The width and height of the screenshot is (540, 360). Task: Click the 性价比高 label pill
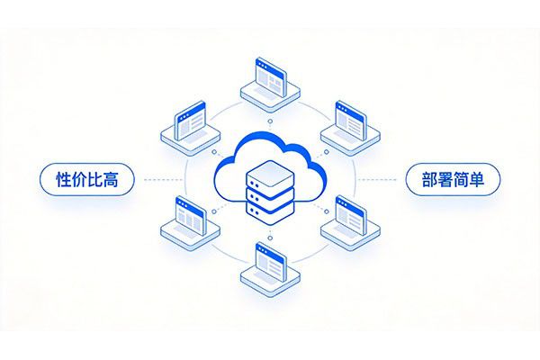pyautogui.click(x=87, y=179)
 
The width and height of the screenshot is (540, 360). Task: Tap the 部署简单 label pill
pyautogui.click(x=453, y=179)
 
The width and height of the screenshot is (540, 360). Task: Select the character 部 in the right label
pyautogui.click(x=429, y=179)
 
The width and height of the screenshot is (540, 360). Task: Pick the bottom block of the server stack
pyautogui.click(x=270, y=211)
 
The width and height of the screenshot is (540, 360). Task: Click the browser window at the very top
pyautogui.click(x=271, y=76)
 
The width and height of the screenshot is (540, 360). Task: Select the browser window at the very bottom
pyautogui.click(x=271, y=262)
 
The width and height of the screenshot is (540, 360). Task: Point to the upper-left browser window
pyautogui.click(x=190, y=121)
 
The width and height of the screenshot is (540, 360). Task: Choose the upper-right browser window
pyautogui.click(x=350, y=121)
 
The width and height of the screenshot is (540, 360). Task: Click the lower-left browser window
pyautogui.click(x=191, y=216)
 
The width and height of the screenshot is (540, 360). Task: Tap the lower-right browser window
pyautogui.click(x=351, y=216)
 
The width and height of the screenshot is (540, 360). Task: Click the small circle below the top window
pyautogui.click(x=270, y=121)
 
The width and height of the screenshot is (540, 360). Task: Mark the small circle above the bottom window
pyautogui.click(x=270, y=238)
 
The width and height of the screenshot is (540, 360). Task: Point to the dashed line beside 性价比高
pyautogui.click(x=163, y=179)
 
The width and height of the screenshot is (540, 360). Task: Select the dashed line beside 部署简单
pyautogui.click(x=377, y=179)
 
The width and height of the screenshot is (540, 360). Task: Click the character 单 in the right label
pyautogui.click(x=476, y=179)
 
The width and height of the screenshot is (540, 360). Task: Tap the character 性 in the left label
pyautogui.click(x=64, y=179)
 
